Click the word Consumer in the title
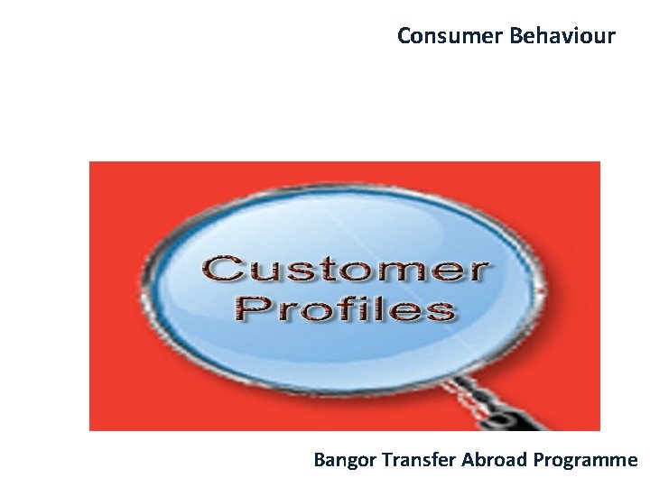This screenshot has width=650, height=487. pos(450,36)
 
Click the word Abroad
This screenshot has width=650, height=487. pos(495,460)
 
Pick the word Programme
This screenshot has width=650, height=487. pos(585,460)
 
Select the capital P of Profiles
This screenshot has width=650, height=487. pos(250,308)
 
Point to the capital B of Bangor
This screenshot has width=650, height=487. pos(319,460)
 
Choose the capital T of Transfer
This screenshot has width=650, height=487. pos(386,460)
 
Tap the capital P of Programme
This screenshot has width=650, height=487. pos(538,460)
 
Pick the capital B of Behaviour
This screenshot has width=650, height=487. pos(515,36)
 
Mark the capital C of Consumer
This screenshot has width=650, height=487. pos(404,36)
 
